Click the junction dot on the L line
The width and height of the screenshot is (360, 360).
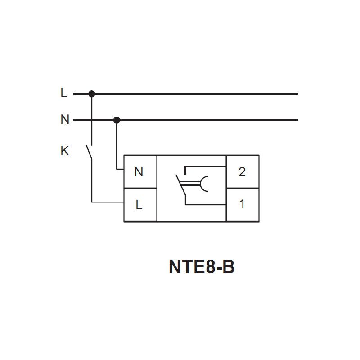click(x=92, y=94)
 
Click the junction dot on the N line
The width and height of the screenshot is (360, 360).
click(x=117, y=120)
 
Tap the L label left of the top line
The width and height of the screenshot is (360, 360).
click(x=64, y=93)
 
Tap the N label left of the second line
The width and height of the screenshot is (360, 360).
click(x=65, y=119)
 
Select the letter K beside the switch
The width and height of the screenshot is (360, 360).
click(x=65, y=151)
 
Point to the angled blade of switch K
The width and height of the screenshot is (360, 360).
click(x=89, y=152)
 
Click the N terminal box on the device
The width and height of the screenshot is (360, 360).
click(x=140, y=172)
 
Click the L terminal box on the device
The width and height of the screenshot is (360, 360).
click(x=140, y=205)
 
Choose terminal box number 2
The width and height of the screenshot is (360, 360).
click(x=243, y=172)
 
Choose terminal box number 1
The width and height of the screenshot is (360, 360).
click(x=243, y=205)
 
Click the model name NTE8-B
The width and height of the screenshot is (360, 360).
click(x=202, y=266)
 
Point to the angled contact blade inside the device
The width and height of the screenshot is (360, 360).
click(x=181, y=185)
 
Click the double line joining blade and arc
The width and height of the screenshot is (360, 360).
click(x=190, y=184)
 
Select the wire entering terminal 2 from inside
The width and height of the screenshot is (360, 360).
click(x=206, y=166)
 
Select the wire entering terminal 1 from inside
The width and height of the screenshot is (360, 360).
click(x=206, y=204)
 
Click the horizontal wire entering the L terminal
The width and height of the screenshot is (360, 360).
click(x=108, y=202)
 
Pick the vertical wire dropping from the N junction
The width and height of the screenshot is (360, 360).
click(x=117, y=144)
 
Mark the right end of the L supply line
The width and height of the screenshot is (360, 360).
click(x=297, y=94)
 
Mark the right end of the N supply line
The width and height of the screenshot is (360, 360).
click(x=297, y=120)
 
